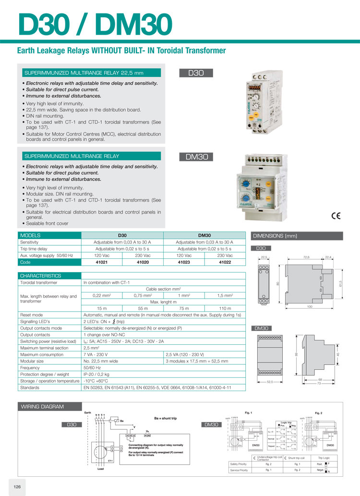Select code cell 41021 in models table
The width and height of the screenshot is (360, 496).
pos(102,262)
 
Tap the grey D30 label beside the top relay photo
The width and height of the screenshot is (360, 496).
pos(196,73)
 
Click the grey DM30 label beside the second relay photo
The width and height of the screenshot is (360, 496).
pos(196,157)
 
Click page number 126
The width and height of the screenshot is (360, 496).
pos(17,486)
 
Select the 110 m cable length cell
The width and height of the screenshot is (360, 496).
pos(225,308)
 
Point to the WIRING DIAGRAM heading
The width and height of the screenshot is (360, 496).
pos(42,407)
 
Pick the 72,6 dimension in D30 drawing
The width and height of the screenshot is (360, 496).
pos(306,258)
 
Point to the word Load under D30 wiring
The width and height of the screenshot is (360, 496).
pos(100,469)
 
